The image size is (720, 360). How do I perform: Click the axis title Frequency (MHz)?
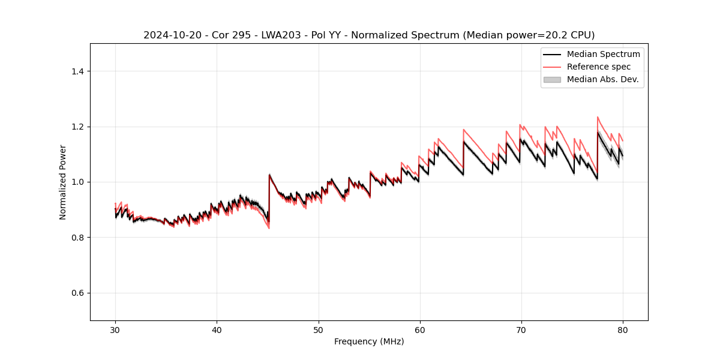point(369,341)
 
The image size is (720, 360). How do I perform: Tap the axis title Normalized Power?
point(63,182)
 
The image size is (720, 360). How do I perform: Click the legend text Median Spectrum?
point(603,54)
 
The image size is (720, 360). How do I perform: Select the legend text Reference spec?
point(599,67)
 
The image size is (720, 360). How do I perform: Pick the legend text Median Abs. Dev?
point(602,79)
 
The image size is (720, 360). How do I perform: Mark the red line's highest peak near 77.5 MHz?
point(598,117)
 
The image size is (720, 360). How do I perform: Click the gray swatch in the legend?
point(552,79)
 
